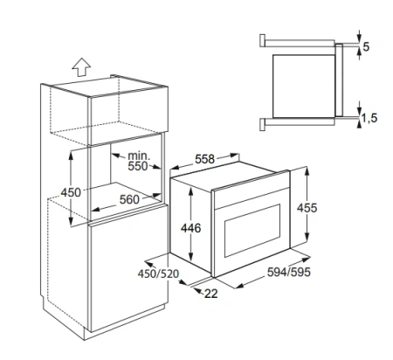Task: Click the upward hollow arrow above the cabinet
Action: coord(81,66)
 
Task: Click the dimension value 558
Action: coord(204,159)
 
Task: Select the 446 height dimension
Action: coord(191,228)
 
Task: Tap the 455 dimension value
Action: coord(307,208)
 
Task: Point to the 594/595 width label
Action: coord(289,272)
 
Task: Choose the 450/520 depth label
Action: coord(158,273)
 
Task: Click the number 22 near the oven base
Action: coord(211,294)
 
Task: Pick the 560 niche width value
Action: coord(129,199)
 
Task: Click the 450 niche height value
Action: coord(71,192)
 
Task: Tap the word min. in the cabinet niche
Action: coord(139,156)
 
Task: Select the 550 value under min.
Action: coord(138,166)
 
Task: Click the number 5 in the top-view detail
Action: coord(366,46)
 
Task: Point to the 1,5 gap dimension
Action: coord(369,118)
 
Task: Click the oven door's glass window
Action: coord(252,230)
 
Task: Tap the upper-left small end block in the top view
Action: coord(262,40)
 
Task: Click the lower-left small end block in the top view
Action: coord(262,124)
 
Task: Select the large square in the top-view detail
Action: coord(304,87)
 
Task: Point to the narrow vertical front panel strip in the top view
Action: coord(339,80)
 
